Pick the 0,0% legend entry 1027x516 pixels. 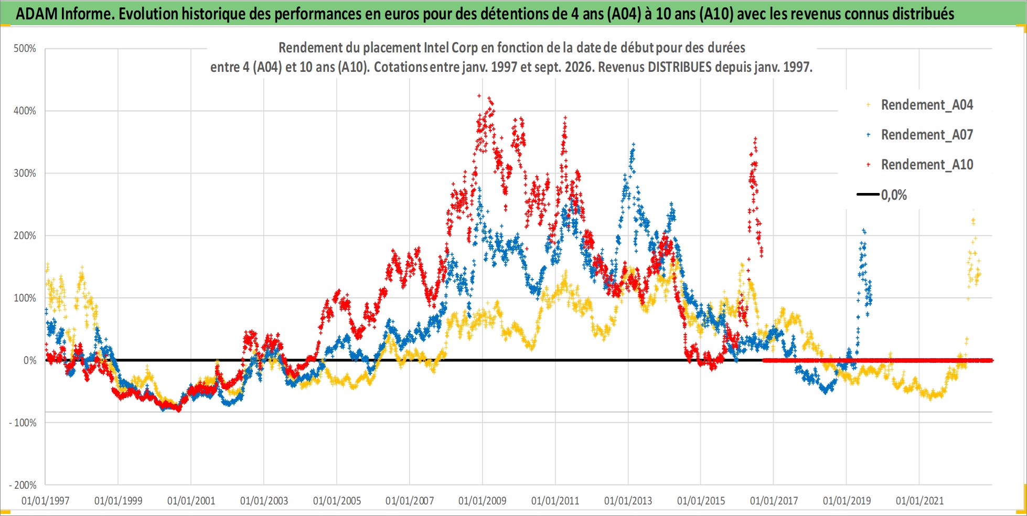tap(882, 195)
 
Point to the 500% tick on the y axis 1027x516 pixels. tap(25, 49)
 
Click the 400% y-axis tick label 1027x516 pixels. tap(25, 111)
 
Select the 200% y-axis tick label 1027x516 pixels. tap(25, 235)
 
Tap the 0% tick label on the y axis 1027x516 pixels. tap(30, 360)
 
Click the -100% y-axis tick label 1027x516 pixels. tap(23, 423)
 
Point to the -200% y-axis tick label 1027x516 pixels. tap(23, 485)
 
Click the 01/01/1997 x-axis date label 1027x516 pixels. tap(46, 501)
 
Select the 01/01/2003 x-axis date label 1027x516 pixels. tap(264, 501)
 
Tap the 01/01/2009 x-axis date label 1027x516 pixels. tap(483, 501)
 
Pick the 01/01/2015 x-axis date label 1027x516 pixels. tap(701, 501)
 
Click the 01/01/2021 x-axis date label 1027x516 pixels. tap(919, 501)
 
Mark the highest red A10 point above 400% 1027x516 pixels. tap(479, 95)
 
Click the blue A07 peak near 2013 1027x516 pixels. tap(634, 144)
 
